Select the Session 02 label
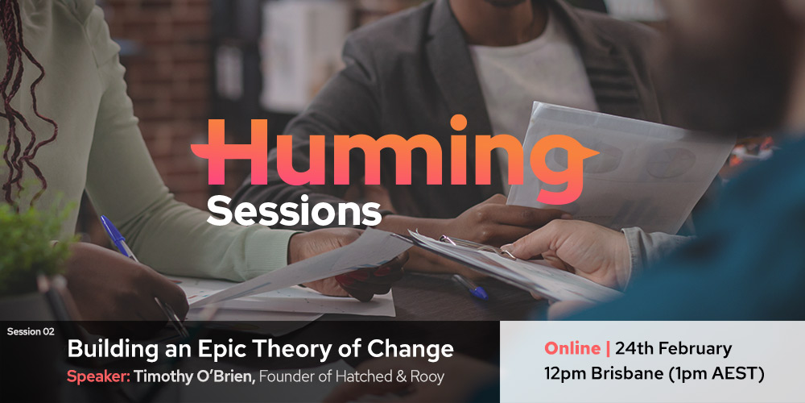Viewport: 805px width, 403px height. click(x=31, y=332)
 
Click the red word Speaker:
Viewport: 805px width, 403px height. click(x=98, y=376)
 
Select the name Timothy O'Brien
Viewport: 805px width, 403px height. click(x=195, y=376)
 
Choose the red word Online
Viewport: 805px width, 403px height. click(x=572, y=348)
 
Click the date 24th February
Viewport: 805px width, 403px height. click(x=673, y=349)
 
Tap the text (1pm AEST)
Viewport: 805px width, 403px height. click(x=716, y=374)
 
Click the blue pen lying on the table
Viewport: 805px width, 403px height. click(x=469, y=286)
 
